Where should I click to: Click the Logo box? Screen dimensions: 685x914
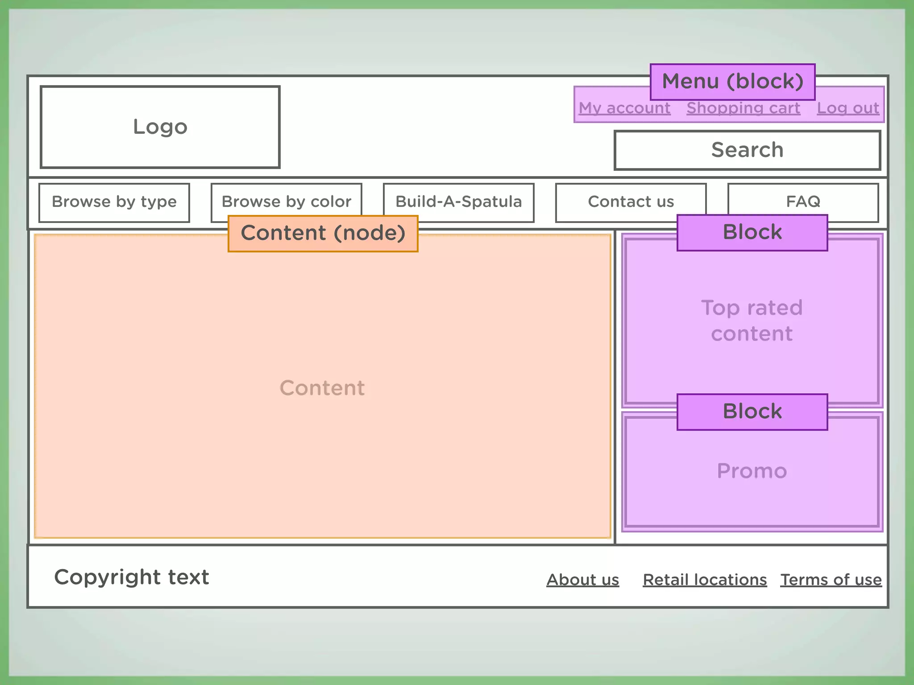click(x=160, y=127)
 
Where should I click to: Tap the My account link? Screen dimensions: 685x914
click(x=624, y=108)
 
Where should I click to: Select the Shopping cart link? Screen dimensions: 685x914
click(x=743, y=108)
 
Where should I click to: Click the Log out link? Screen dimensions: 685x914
click(x=848, y=108)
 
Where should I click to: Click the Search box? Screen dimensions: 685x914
click(x=747, y=150)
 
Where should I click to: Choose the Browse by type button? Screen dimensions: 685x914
click(x=114, y=202)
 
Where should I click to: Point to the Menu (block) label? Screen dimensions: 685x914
click(x=732, y=82)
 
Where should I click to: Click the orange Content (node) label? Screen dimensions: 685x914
click(x=323, y=233)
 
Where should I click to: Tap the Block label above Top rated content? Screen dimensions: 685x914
click(x=752, y=232)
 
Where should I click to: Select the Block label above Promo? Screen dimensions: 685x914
click(x=752, y=412)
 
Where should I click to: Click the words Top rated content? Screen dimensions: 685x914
click(x=752, y=321)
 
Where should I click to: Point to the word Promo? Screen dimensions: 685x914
click(x=752, y=471)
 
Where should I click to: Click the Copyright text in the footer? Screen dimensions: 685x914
click(x=132, y=577)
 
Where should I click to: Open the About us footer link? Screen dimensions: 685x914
click(x=582, y=580)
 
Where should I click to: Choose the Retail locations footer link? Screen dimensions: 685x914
click(x=705, y=580)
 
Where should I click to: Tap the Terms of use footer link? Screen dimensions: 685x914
click(x=831, y=580)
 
